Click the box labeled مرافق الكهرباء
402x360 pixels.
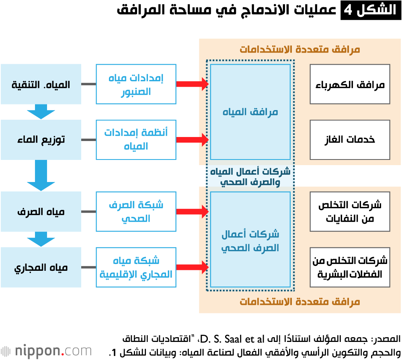[350, 84]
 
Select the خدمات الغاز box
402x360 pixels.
[350, 140]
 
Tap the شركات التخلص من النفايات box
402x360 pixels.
[350, 212]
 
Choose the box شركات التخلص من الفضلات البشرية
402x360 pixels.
[350, 267]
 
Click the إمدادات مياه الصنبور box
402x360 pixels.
[136, 84]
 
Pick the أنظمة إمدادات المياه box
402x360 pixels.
[136, 140]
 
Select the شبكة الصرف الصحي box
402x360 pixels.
[136, 212]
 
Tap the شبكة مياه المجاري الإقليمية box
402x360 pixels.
[136, 267]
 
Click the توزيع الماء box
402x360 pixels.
[41, 140]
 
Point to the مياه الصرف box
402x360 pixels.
[41, 212]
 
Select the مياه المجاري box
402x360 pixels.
[41, 267]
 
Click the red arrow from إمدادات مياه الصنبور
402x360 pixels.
[193, 84]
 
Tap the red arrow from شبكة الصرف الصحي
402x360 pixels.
[193, 212]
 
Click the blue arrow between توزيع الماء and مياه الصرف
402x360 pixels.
[41, 175]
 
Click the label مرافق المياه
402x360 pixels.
[250, 112]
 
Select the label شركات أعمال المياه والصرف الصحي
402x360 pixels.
[250, 176]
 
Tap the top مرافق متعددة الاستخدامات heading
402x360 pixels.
[300, 49]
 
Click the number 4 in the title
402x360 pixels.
[348, 10]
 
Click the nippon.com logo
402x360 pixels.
[46, 351]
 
